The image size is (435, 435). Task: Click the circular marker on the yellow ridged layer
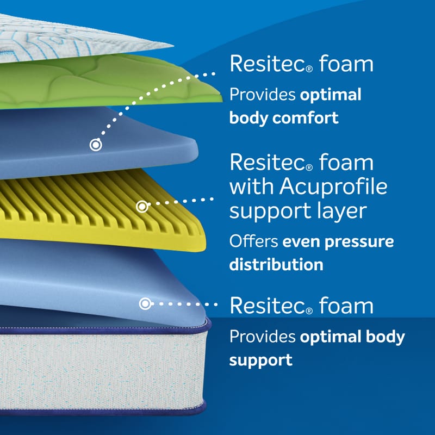142,207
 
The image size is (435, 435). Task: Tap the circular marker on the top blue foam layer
96,145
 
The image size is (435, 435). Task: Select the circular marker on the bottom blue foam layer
145,304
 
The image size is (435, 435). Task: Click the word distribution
276,264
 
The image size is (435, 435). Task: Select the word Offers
253,241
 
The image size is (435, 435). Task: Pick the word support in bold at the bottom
261,361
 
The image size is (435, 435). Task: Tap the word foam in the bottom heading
346,305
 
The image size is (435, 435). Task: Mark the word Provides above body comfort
262,95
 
